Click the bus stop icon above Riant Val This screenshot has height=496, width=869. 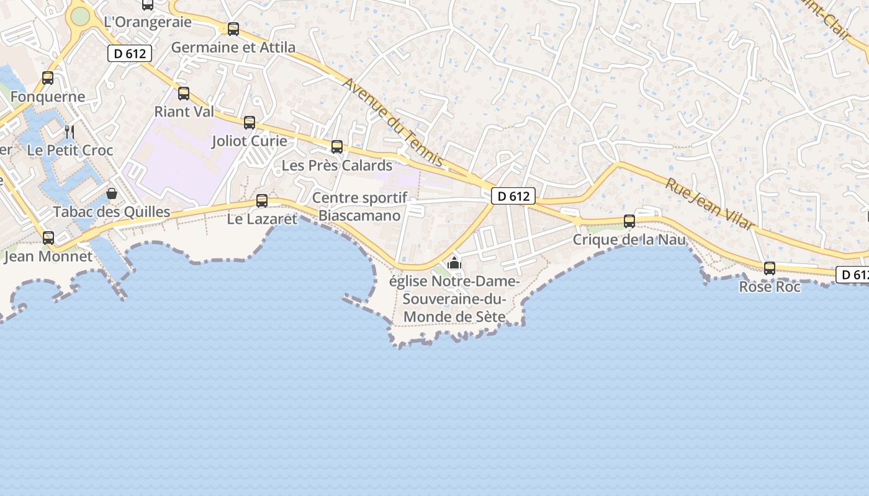click(x=184, y=94)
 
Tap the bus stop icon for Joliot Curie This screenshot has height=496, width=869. click(x=250, y=123)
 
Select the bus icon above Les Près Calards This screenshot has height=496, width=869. click(x=337, y=147)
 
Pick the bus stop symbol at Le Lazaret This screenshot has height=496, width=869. click(x=262, y=201)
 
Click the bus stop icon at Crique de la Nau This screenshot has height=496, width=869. click(x=629, y=221)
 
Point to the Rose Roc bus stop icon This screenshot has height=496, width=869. click(x=770, y=268)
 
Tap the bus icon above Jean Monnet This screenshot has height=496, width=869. click(x=48, y=238)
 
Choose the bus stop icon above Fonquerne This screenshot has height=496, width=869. click(x=48, y=79)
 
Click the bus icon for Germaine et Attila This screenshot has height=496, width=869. click(x=233, y=29)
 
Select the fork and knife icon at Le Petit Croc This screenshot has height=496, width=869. click(x=70, y=131)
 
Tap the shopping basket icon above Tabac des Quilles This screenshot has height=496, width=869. click(x=112, y=194)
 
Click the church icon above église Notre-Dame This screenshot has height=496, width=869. click(x=454, y=263)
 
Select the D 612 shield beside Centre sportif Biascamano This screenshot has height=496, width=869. click(x=513, y=197)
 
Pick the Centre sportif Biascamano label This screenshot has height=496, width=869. click(x=360, y=206)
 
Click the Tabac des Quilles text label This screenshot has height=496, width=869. click(x=112, y=212)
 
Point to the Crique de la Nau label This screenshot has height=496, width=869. click(x=629, y=239)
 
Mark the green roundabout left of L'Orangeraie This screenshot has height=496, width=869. click(x=80, y=16)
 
